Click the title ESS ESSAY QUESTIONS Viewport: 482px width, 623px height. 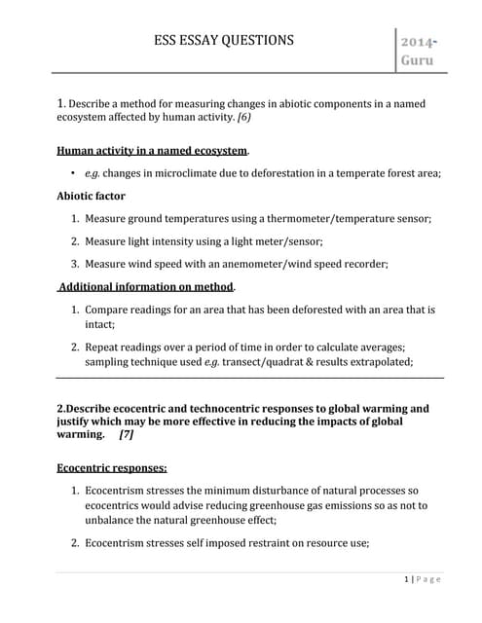point(224,40)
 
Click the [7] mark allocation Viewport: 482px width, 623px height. point(126,435)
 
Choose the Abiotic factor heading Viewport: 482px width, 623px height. point(92,196)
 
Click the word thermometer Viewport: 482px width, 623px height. point(302,219)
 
